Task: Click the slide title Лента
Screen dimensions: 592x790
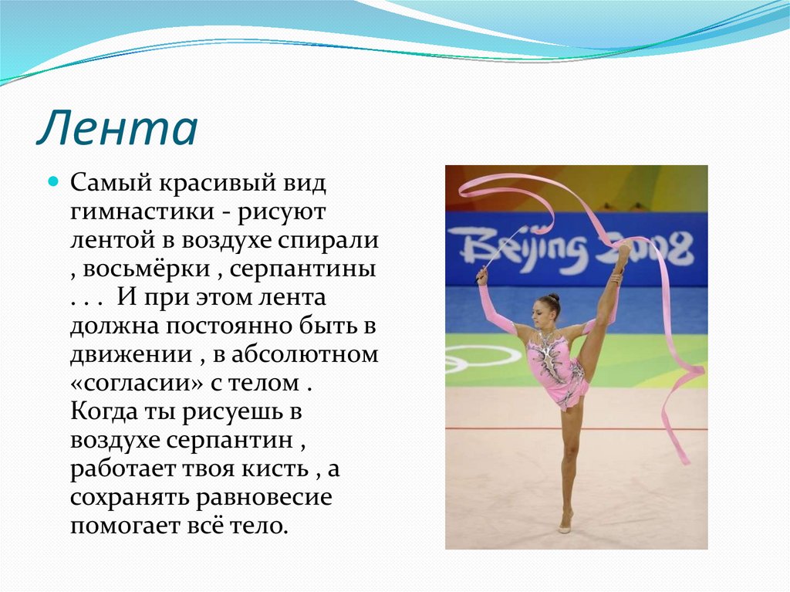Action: pos(117,129)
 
